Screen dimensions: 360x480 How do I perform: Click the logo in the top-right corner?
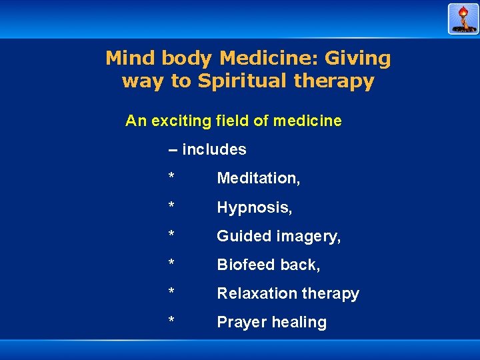pos(463,19)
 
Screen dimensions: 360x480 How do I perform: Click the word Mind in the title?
pos(128,59)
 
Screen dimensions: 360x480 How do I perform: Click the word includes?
pos(214,150)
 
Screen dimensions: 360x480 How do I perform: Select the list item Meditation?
pos(259,179)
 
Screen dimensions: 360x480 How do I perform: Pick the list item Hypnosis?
pos(255,208)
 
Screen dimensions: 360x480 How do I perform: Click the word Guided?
pos(241,237)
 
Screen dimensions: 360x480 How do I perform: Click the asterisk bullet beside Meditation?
pos(171,177)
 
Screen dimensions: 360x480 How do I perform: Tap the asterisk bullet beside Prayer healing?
pos(171,321)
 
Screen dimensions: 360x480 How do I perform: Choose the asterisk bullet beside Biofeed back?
pos(171,263)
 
